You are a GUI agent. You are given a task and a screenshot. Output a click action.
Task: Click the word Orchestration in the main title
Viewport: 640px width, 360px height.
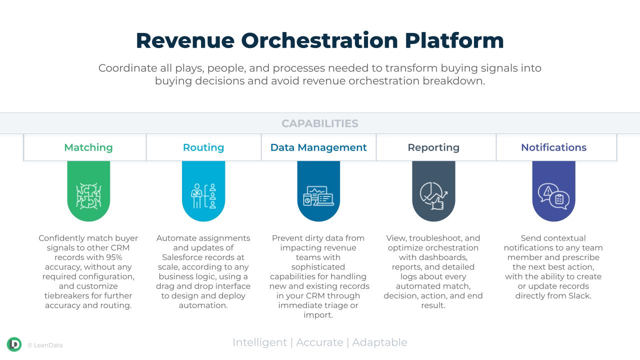tap(319, 40)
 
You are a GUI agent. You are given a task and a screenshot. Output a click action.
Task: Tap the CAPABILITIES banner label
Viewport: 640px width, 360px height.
tap(319, 123)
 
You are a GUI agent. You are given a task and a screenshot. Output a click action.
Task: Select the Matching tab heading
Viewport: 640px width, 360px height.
tap(88, 147)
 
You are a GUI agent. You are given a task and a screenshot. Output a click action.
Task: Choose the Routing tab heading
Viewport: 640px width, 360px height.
tap(203, 147)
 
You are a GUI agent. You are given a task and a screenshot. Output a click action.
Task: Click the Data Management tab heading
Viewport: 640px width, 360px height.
tap(318, 147)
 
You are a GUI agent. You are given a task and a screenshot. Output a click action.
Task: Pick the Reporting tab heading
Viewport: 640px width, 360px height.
tap(433, 147)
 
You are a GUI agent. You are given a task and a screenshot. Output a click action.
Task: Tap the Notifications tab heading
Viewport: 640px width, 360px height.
tap(553, 147)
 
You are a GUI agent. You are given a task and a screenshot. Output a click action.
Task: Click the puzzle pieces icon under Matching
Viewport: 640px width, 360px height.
tap(88, 196)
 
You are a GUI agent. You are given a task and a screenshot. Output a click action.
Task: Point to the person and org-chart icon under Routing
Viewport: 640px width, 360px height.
tap(203, 196)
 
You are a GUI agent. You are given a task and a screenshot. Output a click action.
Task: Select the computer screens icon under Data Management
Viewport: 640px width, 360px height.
tap(318, 196)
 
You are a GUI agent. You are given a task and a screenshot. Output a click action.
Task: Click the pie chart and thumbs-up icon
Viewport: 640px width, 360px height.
tap(433, 196)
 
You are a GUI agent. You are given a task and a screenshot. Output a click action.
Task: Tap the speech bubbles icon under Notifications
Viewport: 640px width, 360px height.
tap(553, 196)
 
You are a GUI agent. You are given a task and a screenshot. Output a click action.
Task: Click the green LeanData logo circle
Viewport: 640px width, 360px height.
tap(14, 344)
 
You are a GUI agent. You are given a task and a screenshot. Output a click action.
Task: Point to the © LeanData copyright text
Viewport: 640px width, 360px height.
tap(45, 345)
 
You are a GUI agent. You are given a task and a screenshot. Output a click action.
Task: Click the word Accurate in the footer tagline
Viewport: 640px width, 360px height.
tap(319, 342)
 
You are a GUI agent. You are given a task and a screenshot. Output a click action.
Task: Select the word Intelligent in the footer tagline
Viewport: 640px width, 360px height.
tap(259, 342)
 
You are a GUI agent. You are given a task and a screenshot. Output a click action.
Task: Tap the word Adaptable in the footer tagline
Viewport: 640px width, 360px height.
tap(379, 342)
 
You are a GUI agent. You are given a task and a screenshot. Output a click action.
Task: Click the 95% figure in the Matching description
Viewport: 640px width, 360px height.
tap(114, 257)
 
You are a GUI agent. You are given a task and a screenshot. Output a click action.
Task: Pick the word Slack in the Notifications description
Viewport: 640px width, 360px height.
tap(579, 295)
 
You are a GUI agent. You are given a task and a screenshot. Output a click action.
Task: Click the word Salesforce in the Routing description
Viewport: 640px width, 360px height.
tap(183, 257)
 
